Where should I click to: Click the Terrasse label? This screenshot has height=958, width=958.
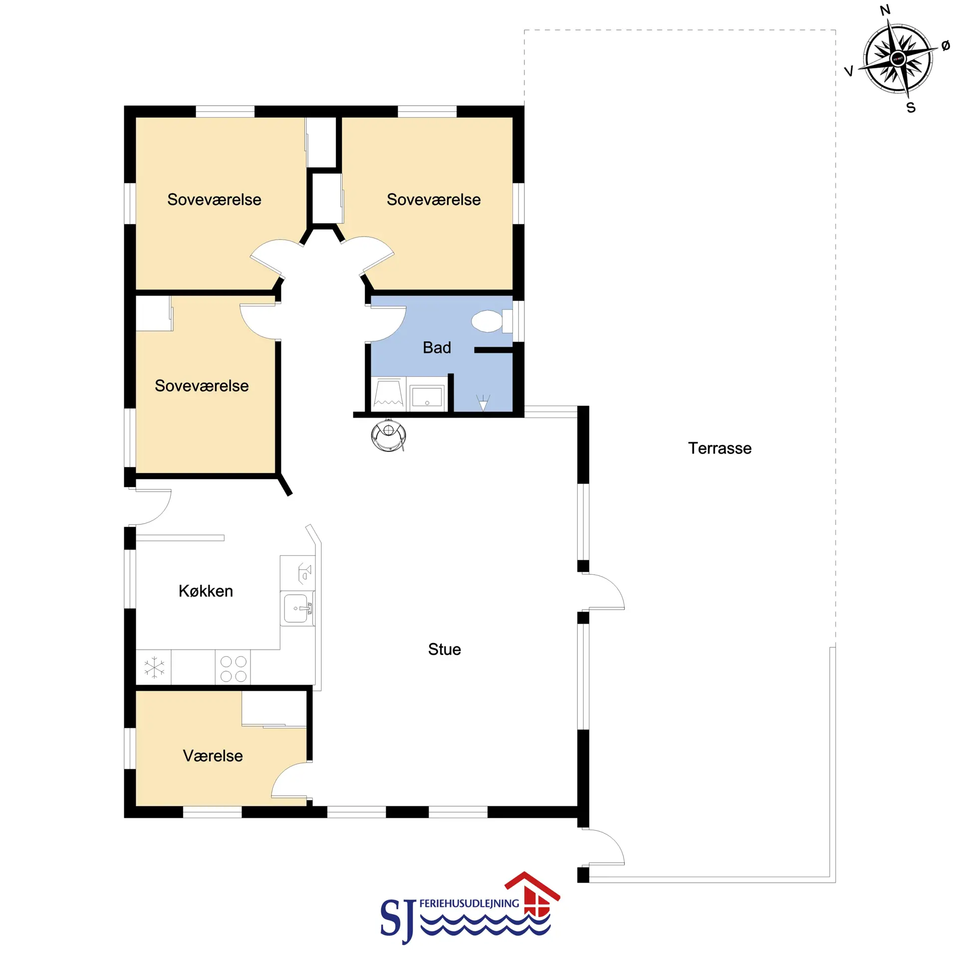[719, 448]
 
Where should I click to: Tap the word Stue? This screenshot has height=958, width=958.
[444, 649]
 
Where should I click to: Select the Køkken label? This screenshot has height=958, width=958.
[206, 591]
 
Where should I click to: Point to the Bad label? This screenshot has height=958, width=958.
[437, 347]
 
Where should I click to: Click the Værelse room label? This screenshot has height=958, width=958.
[213, 755]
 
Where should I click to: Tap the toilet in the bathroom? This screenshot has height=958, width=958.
[491, 321]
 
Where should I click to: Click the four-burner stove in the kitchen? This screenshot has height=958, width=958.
[233, 668]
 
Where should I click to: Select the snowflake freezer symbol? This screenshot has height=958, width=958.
[154, 667]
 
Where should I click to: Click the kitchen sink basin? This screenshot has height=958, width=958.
[297, 608]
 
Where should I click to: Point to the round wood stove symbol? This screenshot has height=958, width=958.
[388, 435]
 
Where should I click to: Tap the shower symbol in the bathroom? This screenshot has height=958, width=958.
[482, 402]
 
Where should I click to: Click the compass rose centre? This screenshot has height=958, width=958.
[898, 59]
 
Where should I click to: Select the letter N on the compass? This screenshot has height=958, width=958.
[885, 10]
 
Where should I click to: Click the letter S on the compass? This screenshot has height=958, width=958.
[911, 108]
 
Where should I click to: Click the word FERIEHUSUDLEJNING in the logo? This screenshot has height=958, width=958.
[469, 903]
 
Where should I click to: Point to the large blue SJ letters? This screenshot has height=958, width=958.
[398, 921]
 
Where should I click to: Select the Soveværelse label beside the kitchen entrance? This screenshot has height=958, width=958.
[202, 386]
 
